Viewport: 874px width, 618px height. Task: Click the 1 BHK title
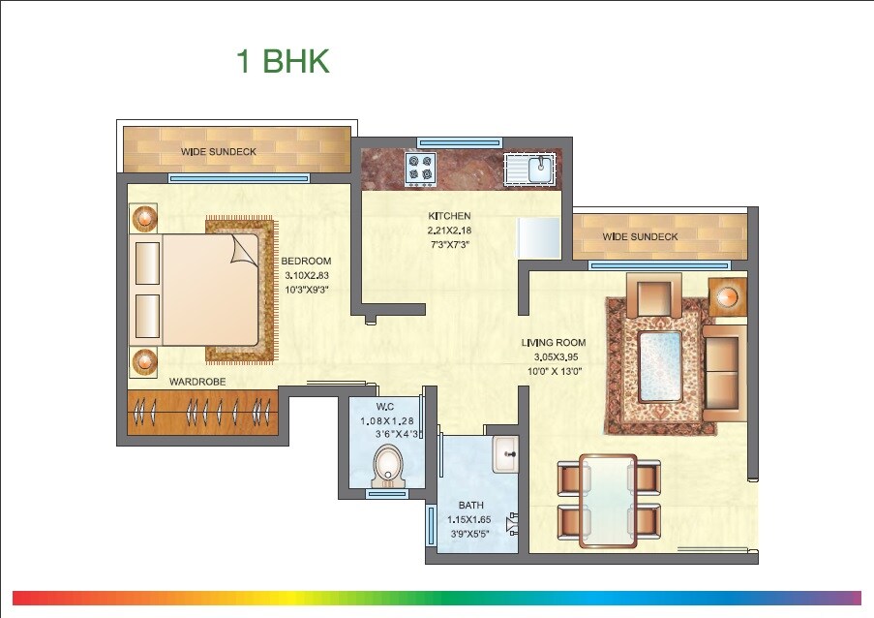coord(283,61)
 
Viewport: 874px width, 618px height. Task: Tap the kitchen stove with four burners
coord(421,170)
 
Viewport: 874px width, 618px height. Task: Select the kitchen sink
coord(529,170)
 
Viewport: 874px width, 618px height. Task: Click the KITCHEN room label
coord(449,216)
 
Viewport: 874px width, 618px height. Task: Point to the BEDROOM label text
coord(307,262)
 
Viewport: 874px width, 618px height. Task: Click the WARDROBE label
coord(197,382)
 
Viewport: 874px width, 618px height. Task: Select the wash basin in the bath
coord(505,453)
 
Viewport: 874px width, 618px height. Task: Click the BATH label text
coord(471,505)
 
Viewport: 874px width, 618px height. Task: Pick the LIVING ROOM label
coord(554,343)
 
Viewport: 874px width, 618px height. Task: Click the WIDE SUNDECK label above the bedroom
coord(218,152)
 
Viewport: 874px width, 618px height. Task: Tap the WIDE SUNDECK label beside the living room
coord(640,236)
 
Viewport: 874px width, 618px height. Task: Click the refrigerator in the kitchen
coord(539,237)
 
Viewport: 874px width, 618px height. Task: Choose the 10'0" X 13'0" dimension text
coord(554,371)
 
